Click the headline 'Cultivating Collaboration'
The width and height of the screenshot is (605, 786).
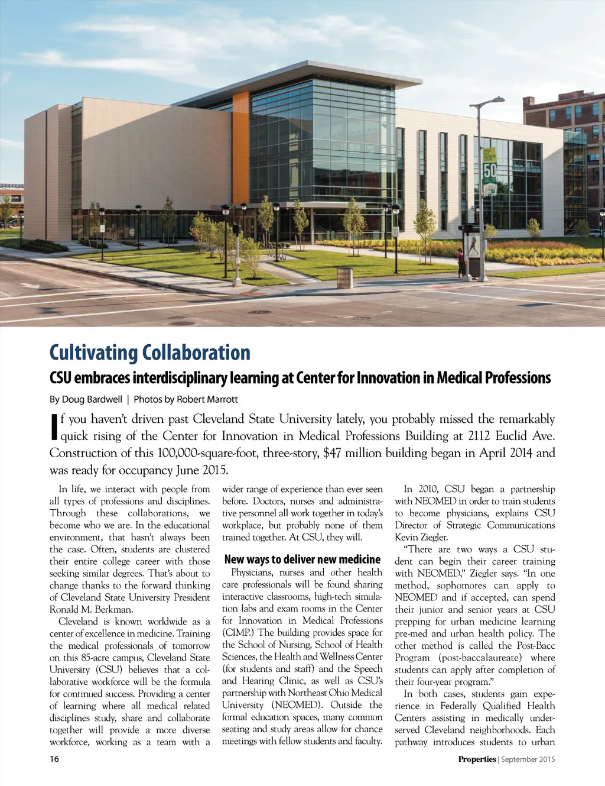click(149, 352)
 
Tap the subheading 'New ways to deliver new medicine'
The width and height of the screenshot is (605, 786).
click(302, 559)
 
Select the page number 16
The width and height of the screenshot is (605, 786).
click(54, 759)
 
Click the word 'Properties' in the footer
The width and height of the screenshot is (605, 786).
click(477, 759)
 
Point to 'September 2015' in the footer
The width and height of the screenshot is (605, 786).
click(528, 759)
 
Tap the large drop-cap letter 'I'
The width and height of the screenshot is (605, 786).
click(54, 427)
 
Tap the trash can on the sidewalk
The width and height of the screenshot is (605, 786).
click(344, 278)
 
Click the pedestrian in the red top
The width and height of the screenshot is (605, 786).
click(461, 263)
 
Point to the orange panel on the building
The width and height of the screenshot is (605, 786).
click(240, 148)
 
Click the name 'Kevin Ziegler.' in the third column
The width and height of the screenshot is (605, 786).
click(421, 537)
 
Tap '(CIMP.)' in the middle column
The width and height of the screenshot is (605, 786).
click(239, 632)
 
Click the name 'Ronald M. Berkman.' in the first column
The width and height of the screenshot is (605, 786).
click(91, 609)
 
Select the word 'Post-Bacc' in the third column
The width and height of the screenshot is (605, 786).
click(536, 645)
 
